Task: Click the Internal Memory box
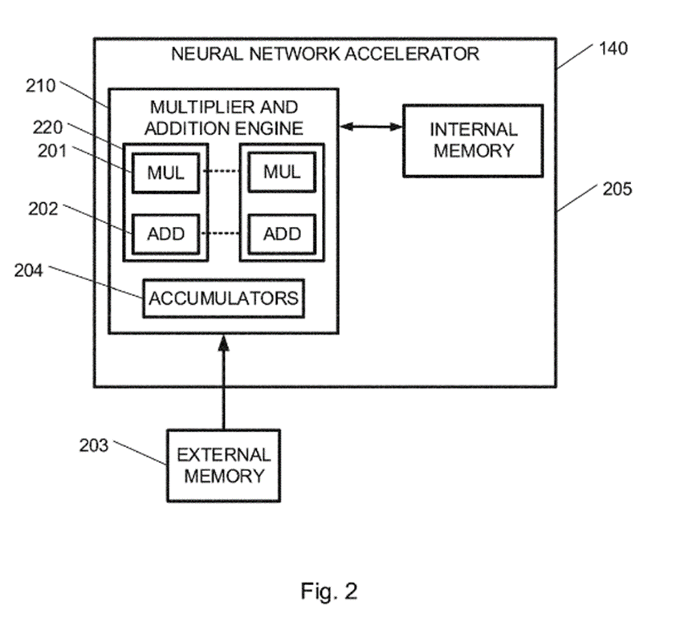pos(472,140)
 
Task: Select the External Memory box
pos(224,465)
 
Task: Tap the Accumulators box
pos(224,299)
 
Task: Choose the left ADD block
pos(165,234)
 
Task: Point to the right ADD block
pos(282,234)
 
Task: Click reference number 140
pos(613,48)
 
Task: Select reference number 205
pos(616,189)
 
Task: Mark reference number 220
pos(48,127)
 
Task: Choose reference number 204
pos(31,270)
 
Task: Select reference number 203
pos(95,445)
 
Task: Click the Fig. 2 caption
pos(329,592)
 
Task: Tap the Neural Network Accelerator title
pos(325,55)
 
